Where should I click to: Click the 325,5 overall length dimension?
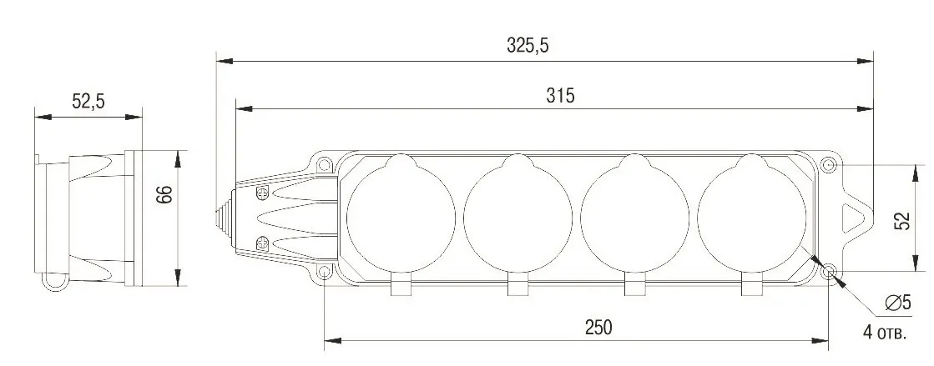528,45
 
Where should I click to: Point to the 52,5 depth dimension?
88,102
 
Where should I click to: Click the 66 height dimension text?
164,195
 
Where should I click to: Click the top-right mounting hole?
828,165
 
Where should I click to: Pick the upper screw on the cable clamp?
260,194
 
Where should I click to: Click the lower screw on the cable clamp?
260,243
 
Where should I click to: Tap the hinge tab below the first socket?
401,288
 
